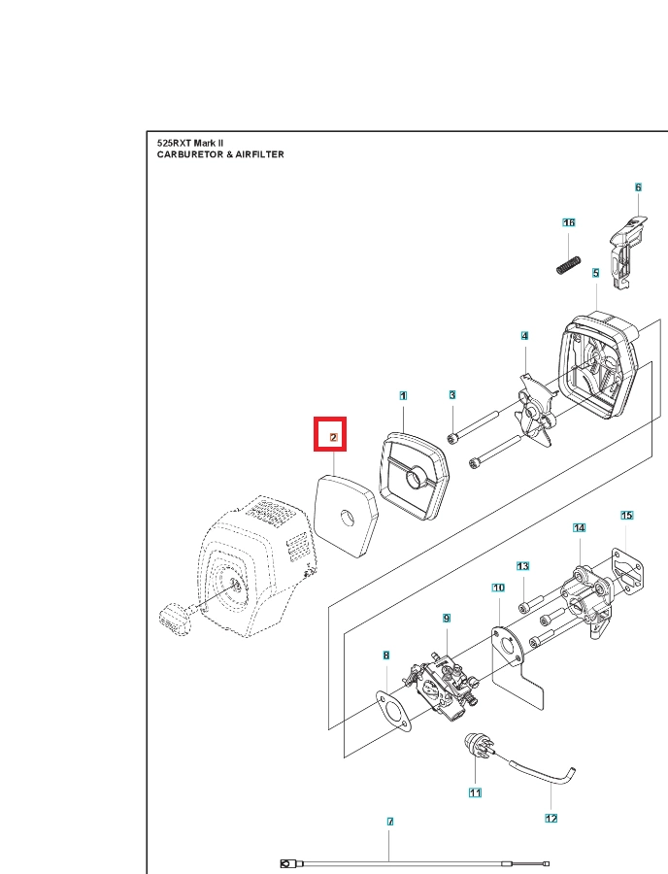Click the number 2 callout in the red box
click(333, 438)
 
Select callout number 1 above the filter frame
click(403, 395)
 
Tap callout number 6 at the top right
click(638, 187)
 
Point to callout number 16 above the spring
click(569, 222)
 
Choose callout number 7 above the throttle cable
click(390, 822)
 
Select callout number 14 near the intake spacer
click(580, 527)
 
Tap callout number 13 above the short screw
click(522, 565)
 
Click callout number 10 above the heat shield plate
click(498, 588)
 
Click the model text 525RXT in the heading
click(176, 143)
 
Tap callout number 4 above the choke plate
click(524, 336)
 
